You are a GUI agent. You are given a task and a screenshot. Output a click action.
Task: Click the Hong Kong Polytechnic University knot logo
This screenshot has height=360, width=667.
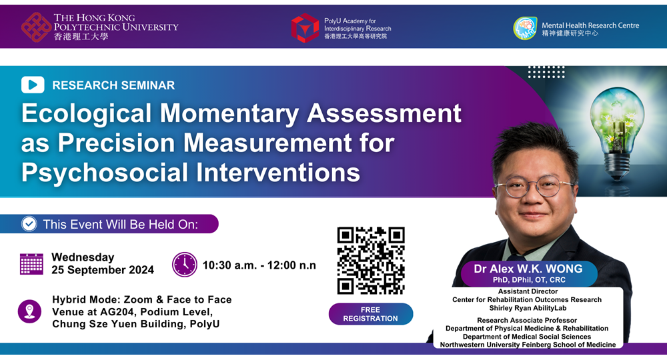pos(37,27)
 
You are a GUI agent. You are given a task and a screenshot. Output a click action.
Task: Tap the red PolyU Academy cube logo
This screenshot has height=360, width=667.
pos(305,27)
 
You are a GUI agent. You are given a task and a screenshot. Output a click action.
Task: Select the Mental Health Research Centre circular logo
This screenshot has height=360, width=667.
pos(525,28)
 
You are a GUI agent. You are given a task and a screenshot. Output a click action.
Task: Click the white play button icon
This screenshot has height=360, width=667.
pos(33,85)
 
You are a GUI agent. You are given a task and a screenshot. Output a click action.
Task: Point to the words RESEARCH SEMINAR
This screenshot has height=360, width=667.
pos(113,85)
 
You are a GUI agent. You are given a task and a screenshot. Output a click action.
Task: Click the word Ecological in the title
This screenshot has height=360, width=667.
pos(86,114)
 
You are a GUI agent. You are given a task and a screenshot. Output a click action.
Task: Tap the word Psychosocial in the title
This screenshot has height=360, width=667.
pos(105,173)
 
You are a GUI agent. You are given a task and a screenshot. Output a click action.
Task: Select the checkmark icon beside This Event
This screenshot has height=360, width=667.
pos(29,224)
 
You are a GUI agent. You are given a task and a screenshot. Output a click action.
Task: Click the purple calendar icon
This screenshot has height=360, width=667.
pos(31,264)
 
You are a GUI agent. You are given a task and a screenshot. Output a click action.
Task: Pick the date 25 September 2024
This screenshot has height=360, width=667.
pos(103,270)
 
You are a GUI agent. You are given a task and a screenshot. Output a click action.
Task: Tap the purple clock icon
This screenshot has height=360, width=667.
pos(185,265)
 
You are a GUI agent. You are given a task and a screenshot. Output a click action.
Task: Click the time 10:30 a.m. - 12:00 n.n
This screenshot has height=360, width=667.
pos(259,265)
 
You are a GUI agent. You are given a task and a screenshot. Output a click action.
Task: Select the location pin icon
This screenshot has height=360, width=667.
pos(29,311)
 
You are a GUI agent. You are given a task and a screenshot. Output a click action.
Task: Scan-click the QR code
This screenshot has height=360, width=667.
pos(370,261)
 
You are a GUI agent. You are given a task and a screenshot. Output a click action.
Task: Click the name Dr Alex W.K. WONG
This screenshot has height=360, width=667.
pos(528,269)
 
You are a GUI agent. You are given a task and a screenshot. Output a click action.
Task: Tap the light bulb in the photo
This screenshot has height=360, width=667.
pos(617,131)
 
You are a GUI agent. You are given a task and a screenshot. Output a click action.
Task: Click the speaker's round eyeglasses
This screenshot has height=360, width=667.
pos(534,187)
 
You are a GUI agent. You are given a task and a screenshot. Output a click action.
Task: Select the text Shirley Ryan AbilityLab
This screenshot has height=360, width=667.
pos(528,308)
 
